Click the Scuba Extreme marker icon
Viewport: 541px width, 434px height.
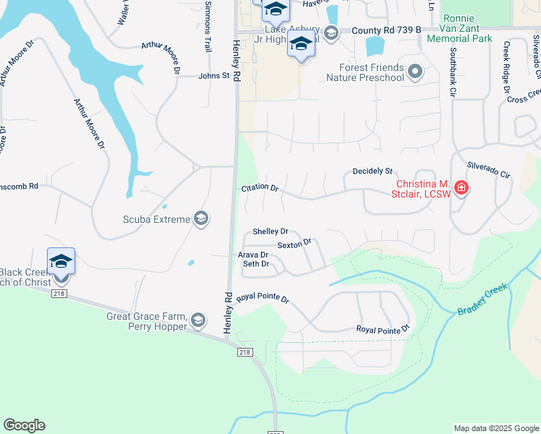click(202, 218)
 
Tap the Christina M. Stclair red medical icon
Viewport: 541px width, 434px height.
click(461, 190)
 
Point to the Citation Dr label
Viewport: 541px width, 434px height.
click(260, 188)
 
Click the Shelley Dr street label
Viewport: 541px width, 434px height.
click(270, 231)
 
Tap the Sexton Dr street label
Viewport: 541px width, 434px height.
click(294, 244)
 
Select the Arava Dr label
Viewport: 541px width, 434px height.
click(253, 255)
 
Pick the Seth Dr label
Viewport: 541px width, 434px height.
click(256, 264)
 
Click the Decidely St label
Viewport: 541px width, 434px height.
click(372, 171)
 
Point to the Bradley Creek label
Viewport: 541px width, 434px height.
click(483, 299)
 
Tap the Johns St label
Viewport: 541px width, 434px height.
click(214, 75)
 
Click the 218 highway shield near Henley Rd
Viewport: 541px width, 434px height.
click(244, 351)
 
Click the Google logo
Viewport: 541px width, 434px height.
click(24, 425)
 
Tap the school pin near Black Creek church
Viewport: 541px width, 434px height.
click(61, 262)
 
